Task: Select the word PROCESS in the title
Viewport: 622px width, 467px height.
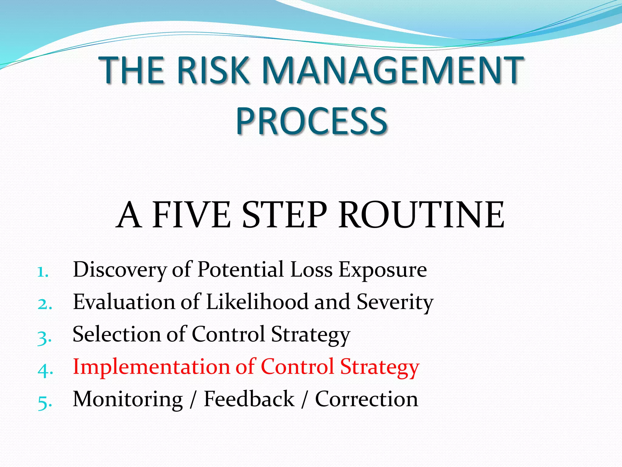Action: click(311, 121)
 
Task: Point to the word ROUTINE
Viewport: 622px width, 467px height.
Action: click(421, 215)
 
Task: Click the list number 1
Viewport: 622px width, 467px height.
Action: click(42, 272)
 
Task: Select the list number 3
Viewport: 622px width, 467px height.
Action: click(44, 337)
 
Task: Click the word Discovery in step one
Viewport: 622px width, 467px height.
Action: click(120, 270)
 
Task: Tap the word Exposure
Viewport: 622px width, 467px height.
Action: click(383, 270)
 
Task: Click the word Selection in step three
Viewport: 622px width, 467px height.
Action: click(117, 334)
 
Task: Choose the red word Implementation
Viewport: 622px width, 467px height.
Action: click(151, 367)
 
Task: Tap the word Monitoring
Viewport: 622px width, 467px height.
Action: click(128, 399)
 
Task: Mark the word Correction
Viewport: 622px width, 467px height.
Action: click(367, 399)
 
